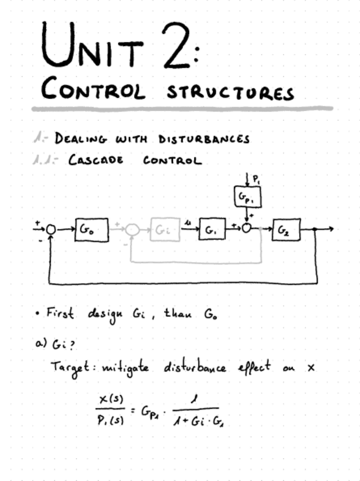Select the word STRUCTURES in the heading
click(230, 92)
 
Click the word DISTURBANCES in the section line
click(204, 139)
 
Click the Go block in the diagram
click(91, 229)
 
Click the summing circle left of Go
click(51, 229)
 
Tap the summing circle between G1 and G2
click(247, 229)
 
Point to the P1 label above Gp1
click(256, 179)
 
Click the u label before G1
click(188, 225)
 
